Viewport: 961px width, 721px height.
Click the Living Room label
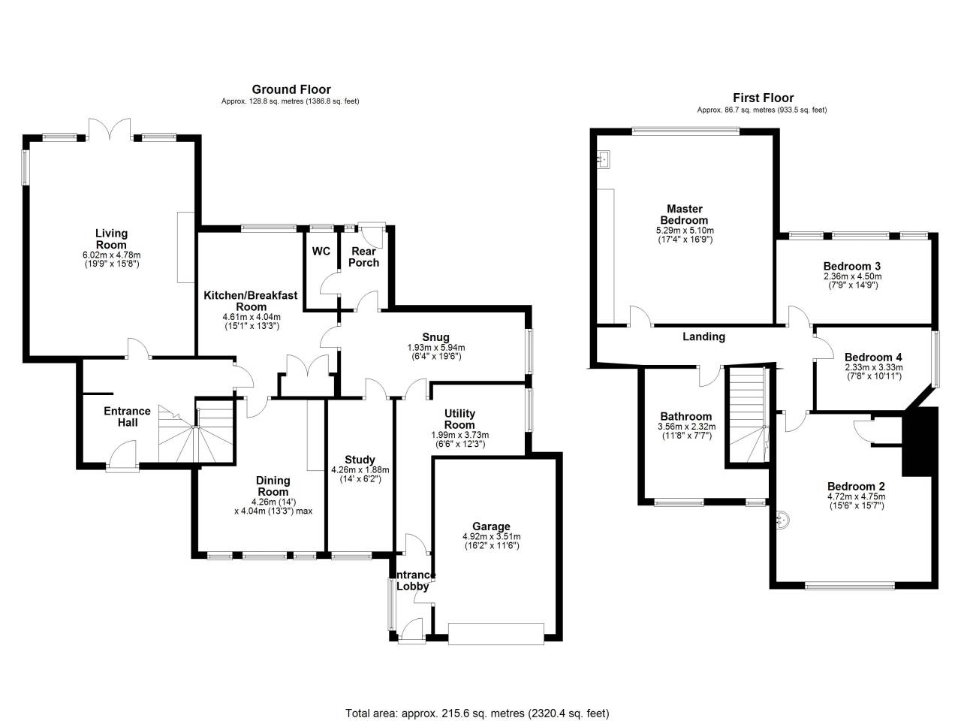[111, 239]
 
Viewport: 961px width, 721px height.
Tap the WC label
[321, 252]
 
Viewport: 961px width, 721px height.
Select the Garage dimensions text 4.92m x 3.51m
[491, 536]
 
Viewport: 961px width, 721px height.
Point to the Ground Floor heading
[291, 89]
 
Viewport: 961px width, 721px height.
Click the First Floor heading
[763, 98]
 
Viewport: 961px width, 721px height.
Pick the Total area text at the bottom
[477, 713]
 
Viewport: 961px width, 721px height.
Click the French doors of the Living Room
[110, 128]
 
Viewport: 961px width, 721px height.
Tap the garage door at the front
[496, 633]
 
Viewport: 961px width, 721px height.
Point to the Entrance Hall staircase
[195, 434]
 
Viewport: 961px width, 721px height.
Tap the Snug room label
[435, 337]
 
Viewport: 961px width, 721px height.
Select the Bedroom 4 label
[873, 357]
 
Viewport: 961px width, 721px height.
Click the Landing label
[703, 336]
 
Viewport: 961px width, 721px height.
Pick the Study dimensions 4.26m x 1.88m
[360, 469]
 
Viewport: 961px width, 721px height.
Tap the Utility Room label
[459, 419]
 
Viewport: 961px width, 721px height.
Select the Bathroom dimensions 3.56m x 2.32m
[687, 427]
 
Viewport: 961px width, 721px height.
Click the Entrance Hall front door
[122, 455]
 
